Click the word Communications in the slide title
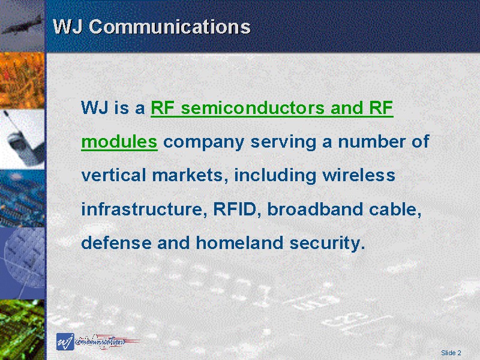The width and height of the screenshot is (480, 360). (x=170, y=26)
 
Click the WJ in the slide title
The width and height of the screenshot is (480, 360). (x=68, y=26)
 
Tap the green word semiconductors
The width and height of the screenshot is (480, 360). (x=253, y=108)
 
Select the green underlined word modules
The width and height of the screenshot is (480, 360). (x=119, y=142)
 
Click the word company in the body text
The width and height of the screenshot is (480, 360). (x=203, y=143)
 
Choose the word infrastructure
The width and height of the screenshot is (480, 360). (x=143, y=209)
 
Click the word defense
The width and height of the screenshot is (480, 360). (x=116, y=242)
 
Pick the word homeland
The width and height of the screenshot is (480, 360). (x=239, y=242)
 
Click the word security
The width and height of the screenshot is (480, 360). (x=327, y=244)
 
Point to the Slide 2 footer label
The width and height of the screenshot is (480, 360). (x=451, y=353)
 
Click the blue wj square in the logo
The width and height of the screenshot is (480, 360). (x=65, y=341)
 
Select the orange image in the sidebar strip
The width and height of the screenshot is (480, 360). (x=22, y=81)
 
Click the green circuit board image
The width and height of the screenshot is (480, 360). (x=22, y=329)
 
